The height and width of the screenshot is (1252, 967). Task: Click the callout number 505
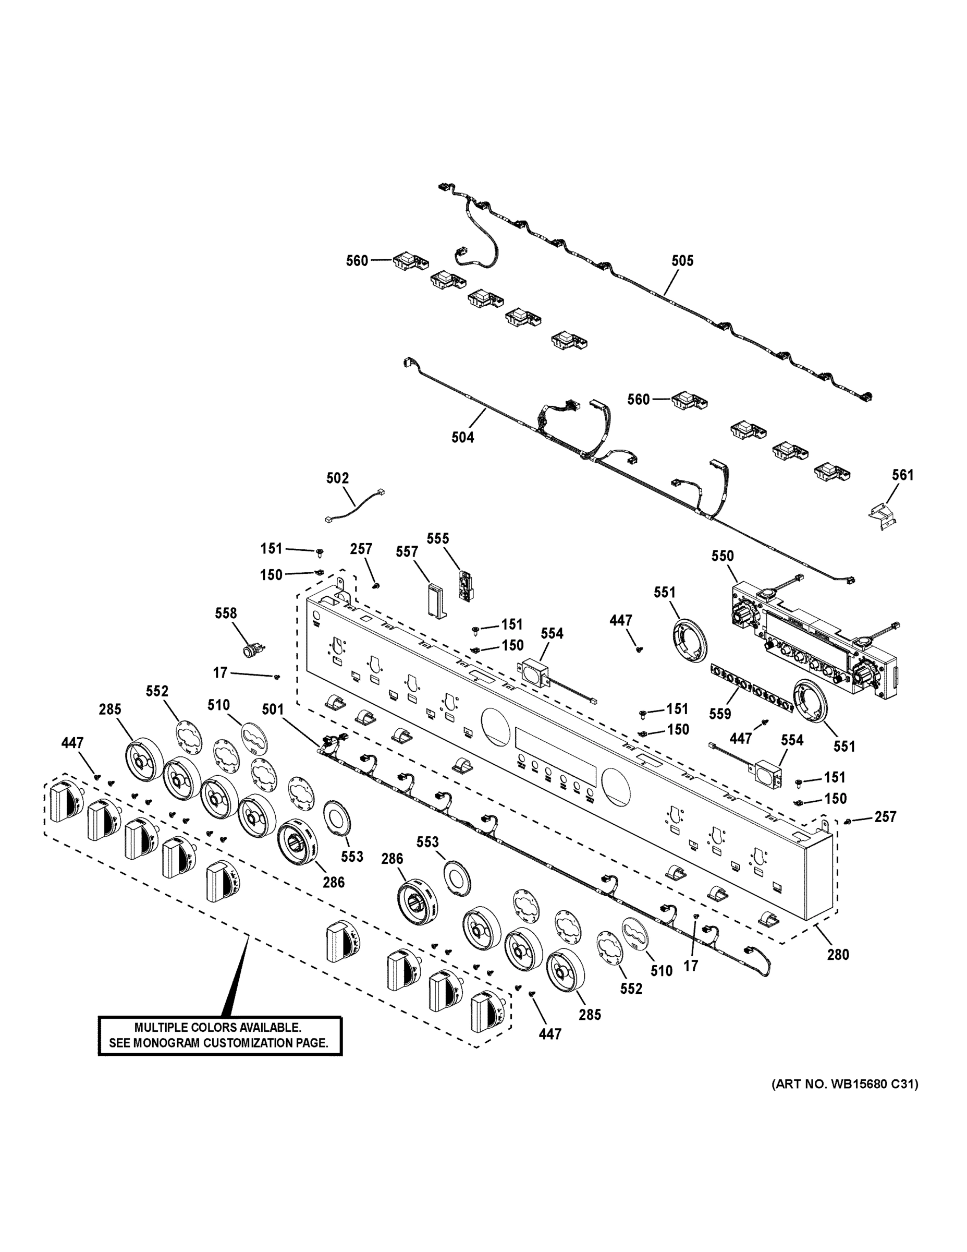682,261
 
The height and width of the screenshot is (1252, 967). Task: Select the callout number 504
462,437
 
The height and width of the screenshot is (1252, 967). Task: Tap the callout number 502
337,477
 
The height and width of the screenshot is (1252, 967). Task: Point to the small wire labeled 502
355,505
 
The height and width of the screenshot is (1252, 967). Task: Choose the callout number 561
902,475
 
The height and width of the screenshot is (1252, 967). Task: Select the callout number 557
407,551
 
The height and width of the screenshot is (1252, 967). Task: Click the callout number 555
438,538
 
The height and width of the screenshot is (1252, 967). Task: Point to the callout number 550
723,556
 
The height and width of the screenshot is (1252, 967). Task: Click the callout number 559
719,714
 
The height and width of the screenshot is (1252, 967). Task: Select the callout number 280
837,955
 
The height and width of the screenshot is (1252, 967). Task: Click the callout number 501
273,709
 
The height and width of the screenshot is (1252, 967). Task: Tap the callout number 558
226,613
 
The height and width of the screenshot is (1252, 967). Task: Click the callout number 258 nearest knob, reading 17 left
220,672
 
